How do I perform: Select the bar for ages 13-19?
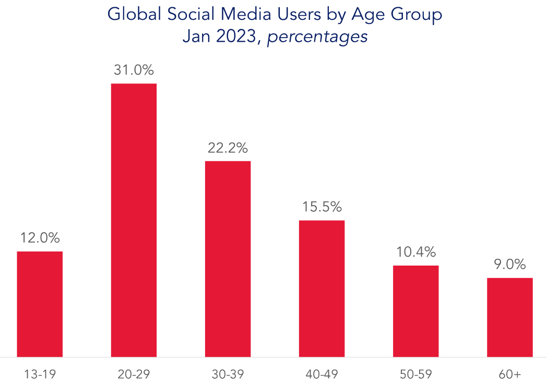(x=40, y=304)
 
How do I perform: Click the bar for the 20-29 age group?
(x=134, y=220)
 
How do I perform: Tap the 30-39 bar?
(x=228, y=259)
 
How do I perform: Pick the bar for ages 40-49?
(x=322, y=289)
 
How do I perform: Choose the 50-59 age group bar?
(x=416, y=311)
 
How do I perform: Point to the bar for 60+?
(x=509, y=317)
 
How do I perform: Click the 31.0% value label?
(x=134, y=70)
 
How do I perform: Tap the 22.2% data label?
(x=228, y=148)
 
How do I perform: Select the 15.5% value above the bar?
(x=322, y=207)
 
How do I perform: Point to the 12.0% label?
(x=40, y=238)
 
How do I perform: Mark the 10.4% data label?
(x=416, y=252)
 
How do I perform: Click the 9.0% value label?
(x=509, y=265)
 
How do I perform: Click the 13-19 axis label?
(x=40, y=374)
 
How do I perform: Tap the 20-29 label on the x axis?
(x=134, y=374)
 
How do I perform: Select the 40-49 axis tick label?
(x=322, y=374)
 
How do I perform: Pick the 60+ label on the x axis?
(x=509, y=374)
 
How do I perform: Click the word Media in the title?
(x=246, y=14)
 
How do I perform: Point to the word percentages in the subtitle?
(x=317, y=37)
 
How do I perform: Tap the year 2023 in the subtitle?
(x=236, y=37)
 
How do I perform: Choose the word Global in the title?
(x=135, y=14)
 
